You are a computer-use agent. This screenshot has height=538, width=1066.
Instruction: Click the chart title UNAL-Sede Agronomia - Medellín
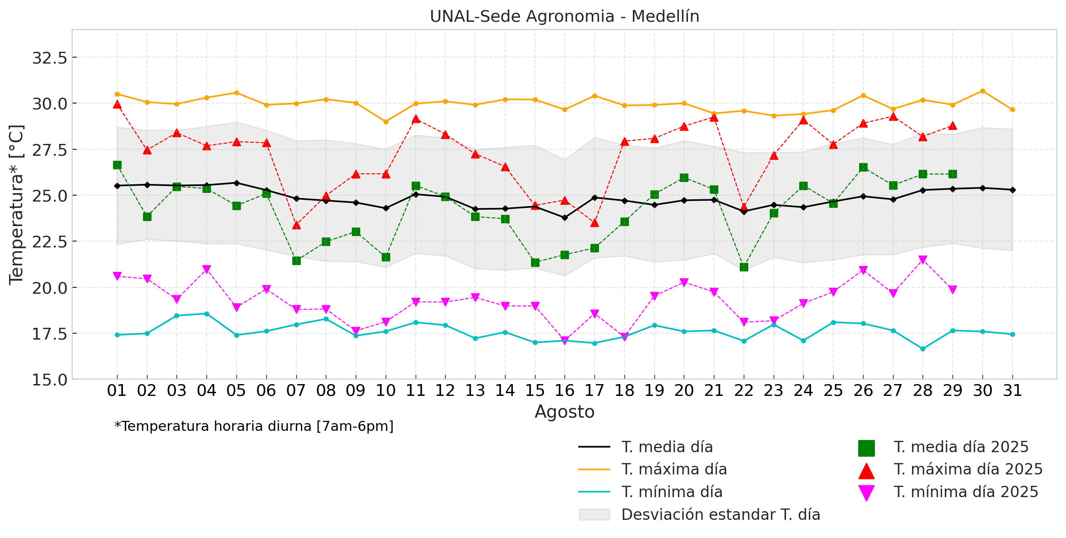click(x=564, y=17)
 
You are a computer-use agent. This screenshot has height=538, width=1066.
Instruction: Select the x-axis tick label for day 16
click(x=565, y=390)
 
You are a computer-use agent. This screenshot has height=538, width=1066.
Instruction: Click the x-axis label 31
click(x=1012, y=390)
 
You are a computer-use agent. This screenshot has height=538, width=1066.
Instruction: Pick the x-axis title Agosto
click(x=564, y=412)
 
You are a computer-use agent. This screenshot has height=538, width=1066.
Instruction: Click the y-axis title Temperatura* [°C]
click(x=16, y=204)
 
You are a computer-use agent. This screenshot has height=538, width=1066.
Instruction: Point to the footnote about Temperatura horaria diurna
click(x=254, y=427)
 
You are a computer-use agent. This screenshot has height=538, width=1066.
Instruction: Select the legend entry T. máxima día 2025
click(x=968, y=469)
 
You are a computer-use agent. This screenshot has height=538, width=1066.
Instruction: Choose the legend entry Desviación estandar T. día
click(x=720, y=515)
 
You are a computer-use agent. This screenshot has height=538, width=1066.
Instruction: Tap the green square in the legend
click(x=866, y=448)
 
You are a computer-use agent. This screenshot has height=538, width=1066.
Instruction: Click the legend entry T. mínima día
click(x=672, y=492)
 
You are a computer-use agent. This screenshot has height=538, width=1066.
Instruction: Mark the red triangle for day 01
click(x=117, y=104)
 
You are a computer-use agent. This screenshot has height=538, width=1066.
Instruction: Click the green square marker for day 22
click(x=744, y=267)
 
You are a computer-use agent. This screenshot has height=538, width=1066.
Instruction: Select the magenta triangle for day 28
click(x=923, y=260)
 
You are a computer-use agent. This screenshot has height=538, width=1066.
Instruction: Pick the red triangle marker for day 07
click(x=296, y=225)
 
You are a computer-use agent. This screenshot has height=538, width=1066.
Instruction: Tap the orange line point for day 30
click(x=982, y=91)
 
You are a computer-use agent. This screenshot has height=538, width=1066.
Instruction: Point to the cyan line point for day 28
click(x=923, y=349)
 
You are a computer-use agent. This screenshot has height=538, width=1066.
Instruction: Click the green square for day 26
click(x=863, y=167)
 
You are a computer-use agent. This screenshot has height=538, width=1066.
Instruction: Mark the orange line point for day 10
click(x=386, y=122)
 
